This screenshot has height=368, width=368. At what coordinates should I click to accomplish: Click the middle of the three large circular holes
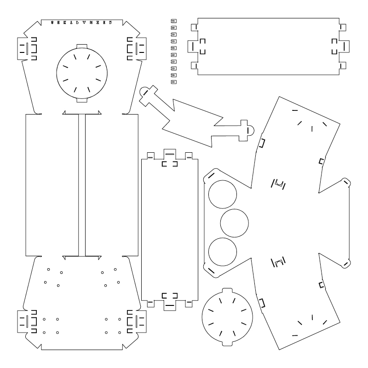click(235, 223)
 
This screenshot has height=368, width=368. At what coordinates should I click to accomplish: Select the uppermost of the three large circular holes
click(223, 194)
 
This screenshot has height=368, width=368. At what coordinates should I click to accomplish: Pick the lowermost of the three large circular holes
click(223, 252)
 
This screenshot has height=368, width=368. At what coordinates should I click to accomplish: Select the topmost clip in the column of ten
click(173, 20)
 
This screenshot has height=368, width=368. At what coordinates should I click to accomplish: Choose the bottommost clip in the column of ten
click(173, 81)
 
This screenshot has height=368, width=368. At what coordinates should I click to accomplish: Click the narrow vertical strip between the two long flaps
click(82, 184)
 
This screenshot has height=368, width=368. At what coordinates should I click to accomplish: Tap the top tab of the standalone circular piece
click(227, 291)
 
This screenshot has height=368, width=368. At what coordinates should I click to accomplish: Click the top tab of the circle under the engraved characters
click(82, 46)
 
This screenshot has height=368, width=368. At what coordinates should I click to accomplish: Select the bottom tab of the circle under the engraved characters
click(82, 98)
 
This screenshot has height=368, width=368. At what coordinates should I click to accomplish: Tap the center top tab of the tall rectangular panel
click(169, 153)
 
